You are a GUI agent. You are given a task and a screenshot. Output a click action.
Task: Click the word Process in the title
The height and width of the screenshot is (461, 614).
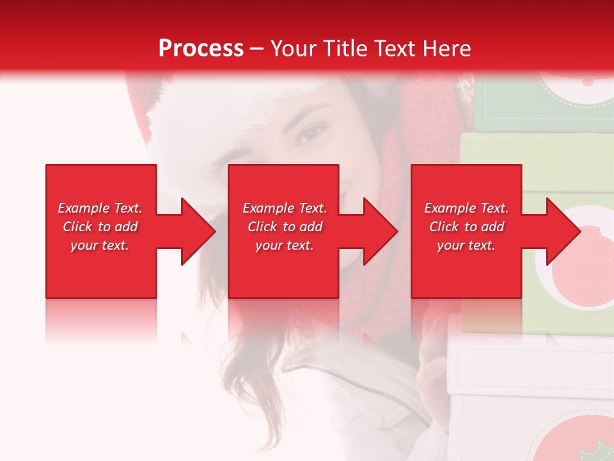[201, 49]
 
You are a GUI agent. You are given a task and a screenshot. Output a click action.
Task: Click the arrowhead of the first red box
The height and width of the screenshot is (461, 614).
[197, 231]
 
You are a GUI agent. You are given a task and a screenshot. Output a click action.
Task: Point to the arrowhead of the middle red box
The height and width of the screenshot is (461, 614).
[380, 231]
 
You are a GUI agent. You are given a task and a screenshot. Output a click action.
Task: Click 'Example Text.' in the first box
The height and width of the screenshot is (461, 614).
[100, 208]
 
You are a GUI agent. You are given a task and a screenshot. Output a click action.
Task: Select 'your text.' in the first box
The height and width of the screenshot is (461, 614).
[100, 245]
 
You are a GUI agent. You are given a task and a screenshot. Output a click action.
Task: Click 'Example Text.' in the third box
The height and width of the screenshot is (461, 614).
[466, 208]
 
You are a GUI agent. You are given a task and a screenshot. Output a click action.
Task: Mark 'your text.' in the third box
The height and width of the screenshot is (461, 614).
[466, 245]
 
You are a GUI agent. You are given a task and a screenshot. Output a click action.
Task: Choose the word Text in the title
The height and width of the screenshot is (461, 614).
[396, 49]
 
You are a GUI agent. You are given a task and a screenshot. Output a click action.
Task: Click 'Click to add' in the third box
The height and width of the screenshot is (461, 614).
[466, 227]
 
